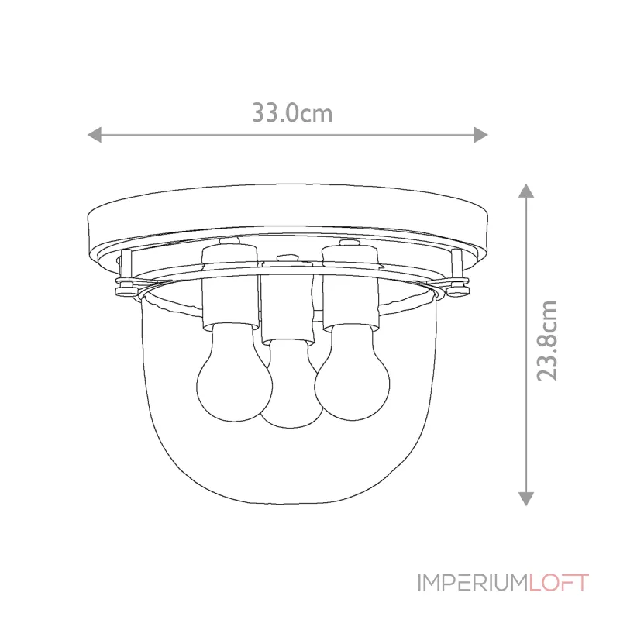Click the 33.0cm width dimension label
(292, 112)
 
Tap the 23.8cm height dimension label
(547, 340)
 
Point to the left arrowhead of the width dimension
(94, 135)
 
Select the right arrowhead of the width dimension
(480, 135)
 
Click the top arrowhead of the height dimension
(526, 191)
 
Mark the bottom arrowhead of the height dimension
(526, 498)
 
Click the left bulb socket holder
(229, 288)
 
